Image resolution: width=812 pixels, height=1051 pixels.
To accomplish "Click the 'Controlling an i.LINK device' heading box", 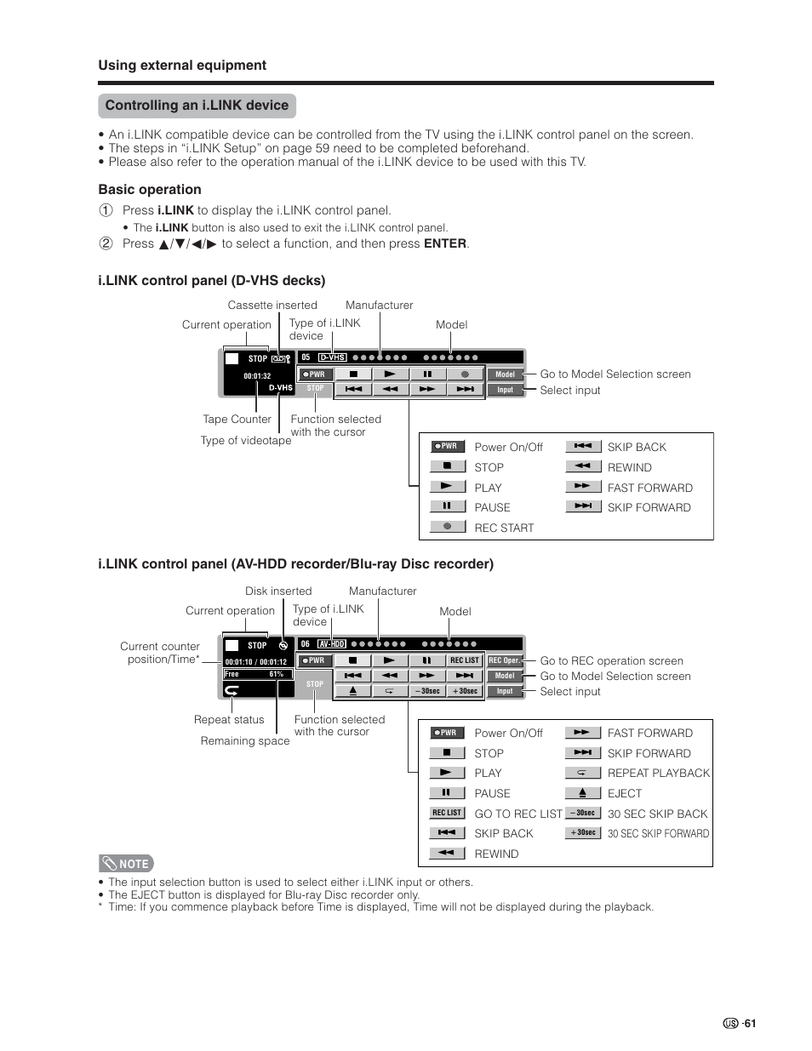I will (197, 106).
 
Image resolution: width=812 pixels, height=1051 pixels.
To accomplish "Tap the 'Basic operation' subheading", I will (150, 190).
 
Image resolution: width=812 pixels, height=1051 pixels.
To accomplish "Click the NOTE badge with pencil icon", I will (126, 863).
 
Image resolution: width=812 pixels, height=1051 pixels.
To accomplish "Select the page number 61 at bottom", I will (748, 1024).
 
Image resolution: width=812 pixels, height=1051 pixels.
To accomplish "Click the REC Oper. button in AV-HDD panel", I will (504, 660).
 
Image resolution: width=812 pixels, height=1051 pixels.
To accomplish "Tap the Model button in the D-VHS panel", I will (505, 374).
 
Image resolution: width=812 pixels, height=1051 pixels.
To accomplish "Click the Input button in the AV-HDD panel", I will (505, 691).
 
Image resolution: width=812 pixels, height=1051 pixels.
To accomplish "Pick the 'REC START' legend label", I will (504, 528).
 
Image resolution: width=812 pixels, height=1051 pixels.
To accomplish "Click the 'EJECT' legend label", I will (625, 793).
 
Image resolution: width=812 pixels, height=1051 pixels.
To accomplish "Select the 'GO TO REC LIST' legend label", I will (518, 814).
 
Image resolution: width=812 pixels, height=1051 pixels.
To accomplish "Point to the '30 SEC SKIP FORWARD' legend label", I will (658, 834).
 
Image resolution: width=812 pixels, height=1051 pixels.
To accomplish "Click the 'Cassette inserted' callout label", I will (272, 306).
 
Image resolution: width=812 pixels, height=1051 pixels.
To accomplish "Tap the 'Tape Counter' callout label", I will (237, 419).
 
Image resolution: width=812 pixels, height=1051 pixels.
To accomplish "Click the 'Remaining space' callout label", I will (245, 740).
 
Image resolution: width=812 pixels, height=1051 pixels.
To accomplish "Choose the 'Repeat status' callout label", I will (229, 719).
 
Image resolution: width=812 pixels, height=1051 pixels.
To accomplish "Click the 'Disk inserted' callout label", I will (278, 591).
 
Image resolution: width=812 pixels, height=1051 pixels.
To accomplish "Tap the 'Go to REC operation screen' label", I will (611, 660).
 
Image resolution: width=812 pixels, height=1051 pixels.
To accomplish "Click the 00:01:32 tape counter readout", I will (257, 376).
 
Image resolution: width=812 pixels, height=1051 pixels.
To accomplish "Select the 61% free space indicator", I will (276, 674).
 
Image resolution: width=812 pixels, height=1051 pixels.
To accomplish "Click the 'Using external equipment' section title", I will (182, 66).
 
